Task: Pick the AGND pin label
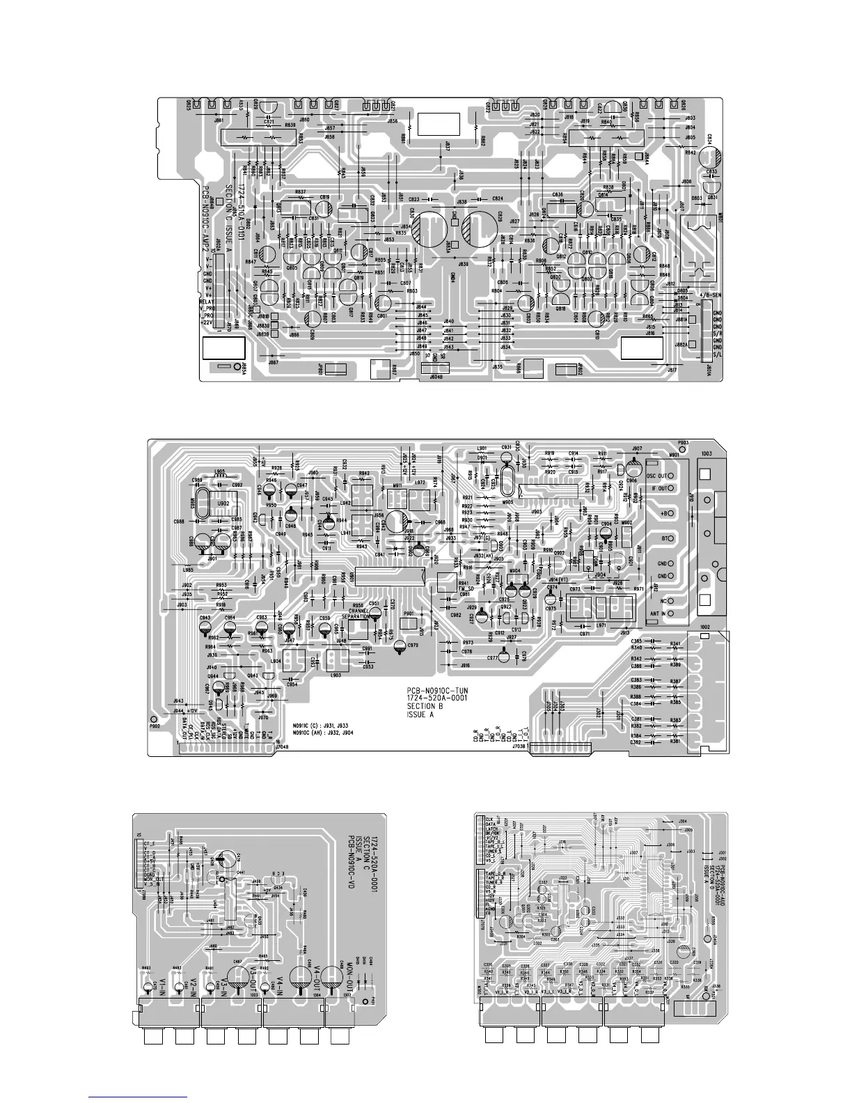coord(489,910)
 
